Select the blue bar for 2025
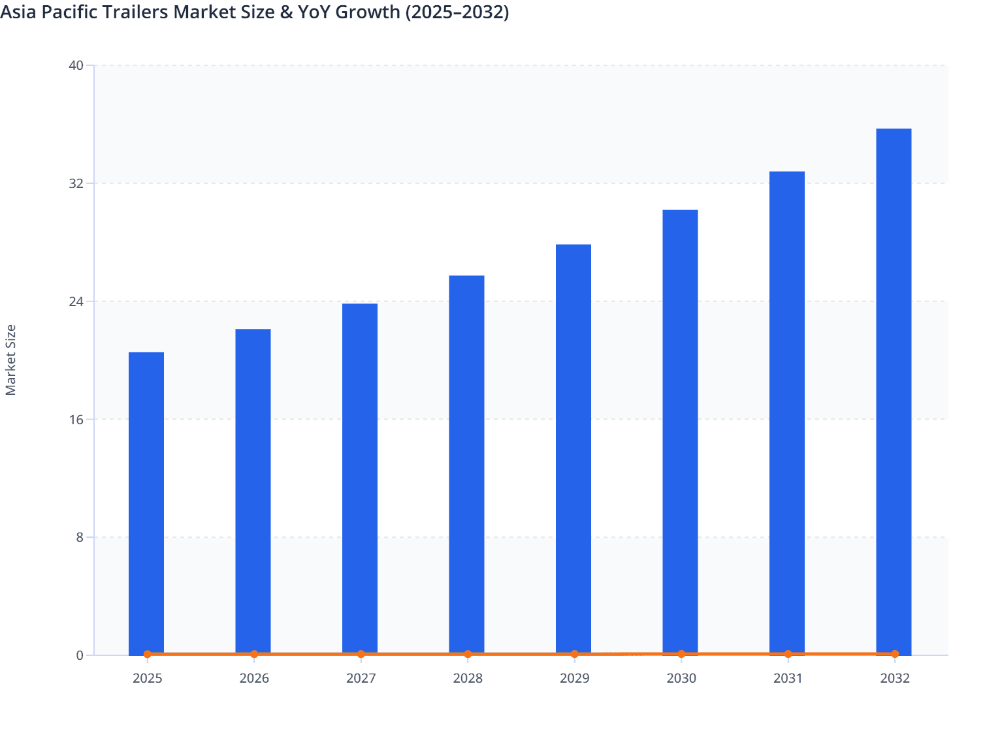click(x=146, y=503)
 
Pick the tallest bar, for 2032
click(x=894, y=392)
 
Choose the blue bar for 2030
click(x=680, y=431)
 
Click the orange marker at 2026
click(x=254, y=654)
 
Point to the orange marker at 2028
click(x=468, y=654)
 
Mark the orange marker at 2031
click(x=788, y=654)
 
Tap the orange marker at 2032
click(x=895, y=654)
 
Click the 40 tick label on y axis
click(x=76, y=65)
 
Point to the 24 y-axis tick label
click(x=76, y=302)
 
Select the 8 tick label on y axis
click(x=80, y=537)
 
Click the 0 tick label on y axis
click(x=80, y=655)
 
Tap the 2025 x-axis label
click(x=147, y=679)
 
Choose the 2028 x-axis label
click(x=468, y=679)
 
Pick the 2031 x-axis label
click(x=788, y=679)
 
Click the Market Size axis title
click(x=10, y=360)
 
